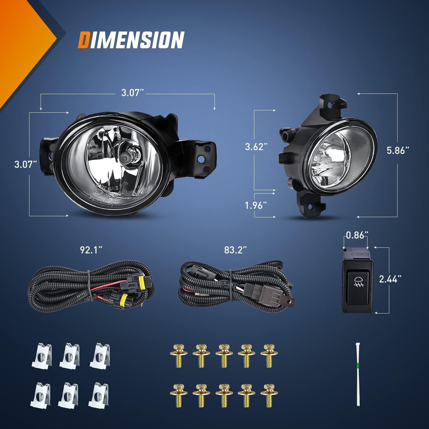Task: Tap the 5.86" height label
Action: click(x=398, y=150)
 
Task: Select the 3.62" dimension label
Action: click(x=256, y=147)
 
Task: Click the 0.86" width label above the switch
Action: click(x=356, y=235)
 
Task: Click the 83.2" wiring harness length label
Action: click(x=235, y=250)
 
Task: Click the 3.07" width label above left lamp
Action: click(x=132, y=92)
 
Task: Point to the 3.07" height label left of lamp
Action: click(x=26, y=164)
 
